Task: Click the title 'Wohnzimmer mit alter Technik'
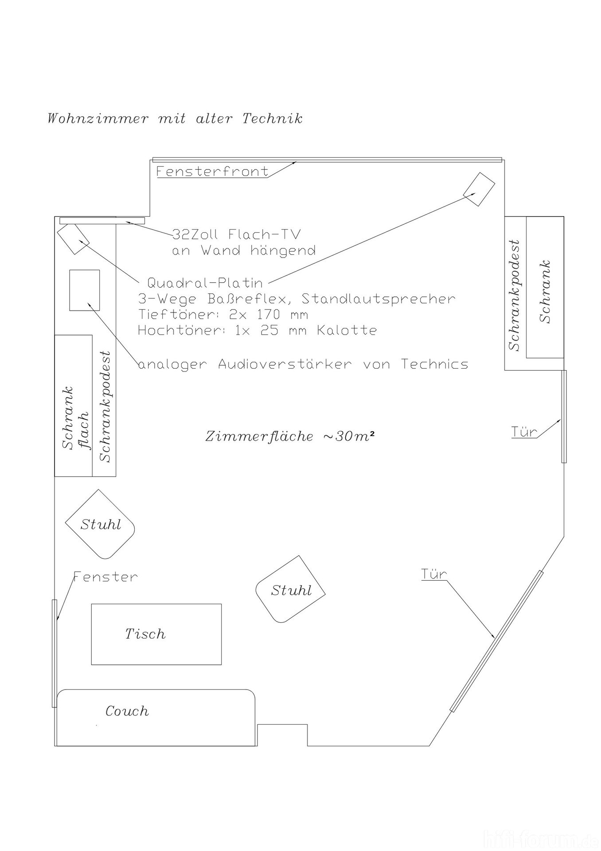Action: coord(175,119)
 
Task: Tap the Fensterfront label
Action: coord(213,171)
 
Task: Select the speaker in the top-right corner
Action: coord(479,189)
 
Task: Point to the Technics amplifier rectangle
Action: coord(84,290)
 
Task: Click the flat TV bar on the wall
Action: coord(102,220)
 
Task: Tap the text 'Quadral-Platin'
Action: coord(205,283)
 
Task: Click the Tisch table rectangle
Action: coord(156,634)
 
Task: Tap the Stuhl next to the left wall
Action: coord(100,524)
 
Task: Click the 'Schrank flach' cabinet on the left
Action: coord(73,406)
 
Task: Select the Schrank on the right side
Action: coord(545,287)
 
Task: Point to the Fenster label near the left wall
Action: coord(105,577)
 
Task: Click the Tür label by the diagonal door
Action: coord(433,574)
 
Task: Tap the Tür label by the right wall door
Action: coord(524,432)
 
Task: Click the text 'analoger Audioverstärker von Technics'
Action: coord(303,364)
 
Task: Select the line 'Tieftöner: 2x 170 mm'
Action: coord(223,315)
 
